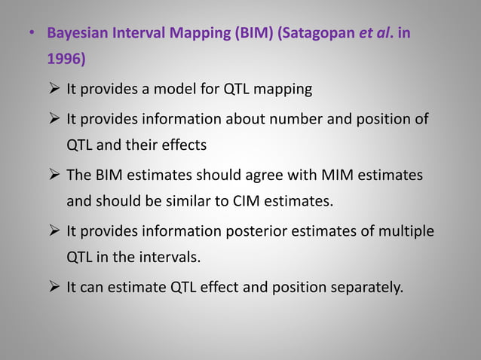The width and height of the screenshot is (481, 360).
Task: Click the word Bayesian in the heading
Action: point(78,35)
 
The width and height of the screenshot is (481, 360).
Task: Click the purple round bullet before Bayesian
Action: point(31,35)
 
